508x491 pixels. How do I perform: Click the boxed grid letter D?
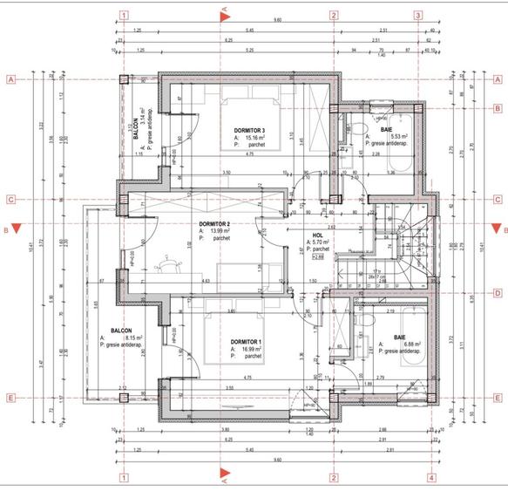(497, 293)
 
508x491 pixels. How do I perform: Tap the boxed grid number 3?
(417, 15)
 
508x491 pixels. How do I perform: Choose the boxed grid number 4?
(430, 477)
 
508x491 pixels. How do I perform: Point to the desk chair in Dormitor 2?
(166, 261)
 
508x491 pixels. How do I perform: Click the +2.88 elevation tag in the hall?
(318, 257)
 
